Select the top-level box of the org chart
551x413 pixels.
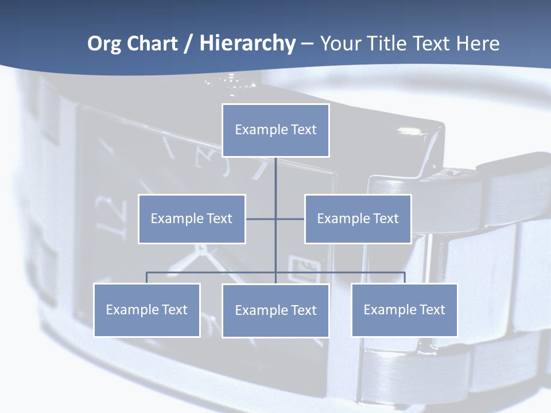coord(275,130)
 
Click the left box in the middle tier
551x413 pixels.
coord(192,219)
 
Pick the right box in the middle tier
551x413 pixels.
coord(358,219)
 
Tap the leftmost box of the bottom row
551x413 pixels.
coord(146,310)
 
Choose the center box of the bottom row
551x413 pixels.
coord(275,310)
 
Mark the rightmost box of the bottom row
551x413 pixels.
coord(404,310)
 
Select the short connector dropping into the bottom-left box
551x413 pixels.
coord(146,278)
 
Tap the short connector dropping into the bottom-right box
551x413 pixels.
coord(405,278)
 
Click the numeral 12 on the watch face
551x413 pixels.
coord(107,216)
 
